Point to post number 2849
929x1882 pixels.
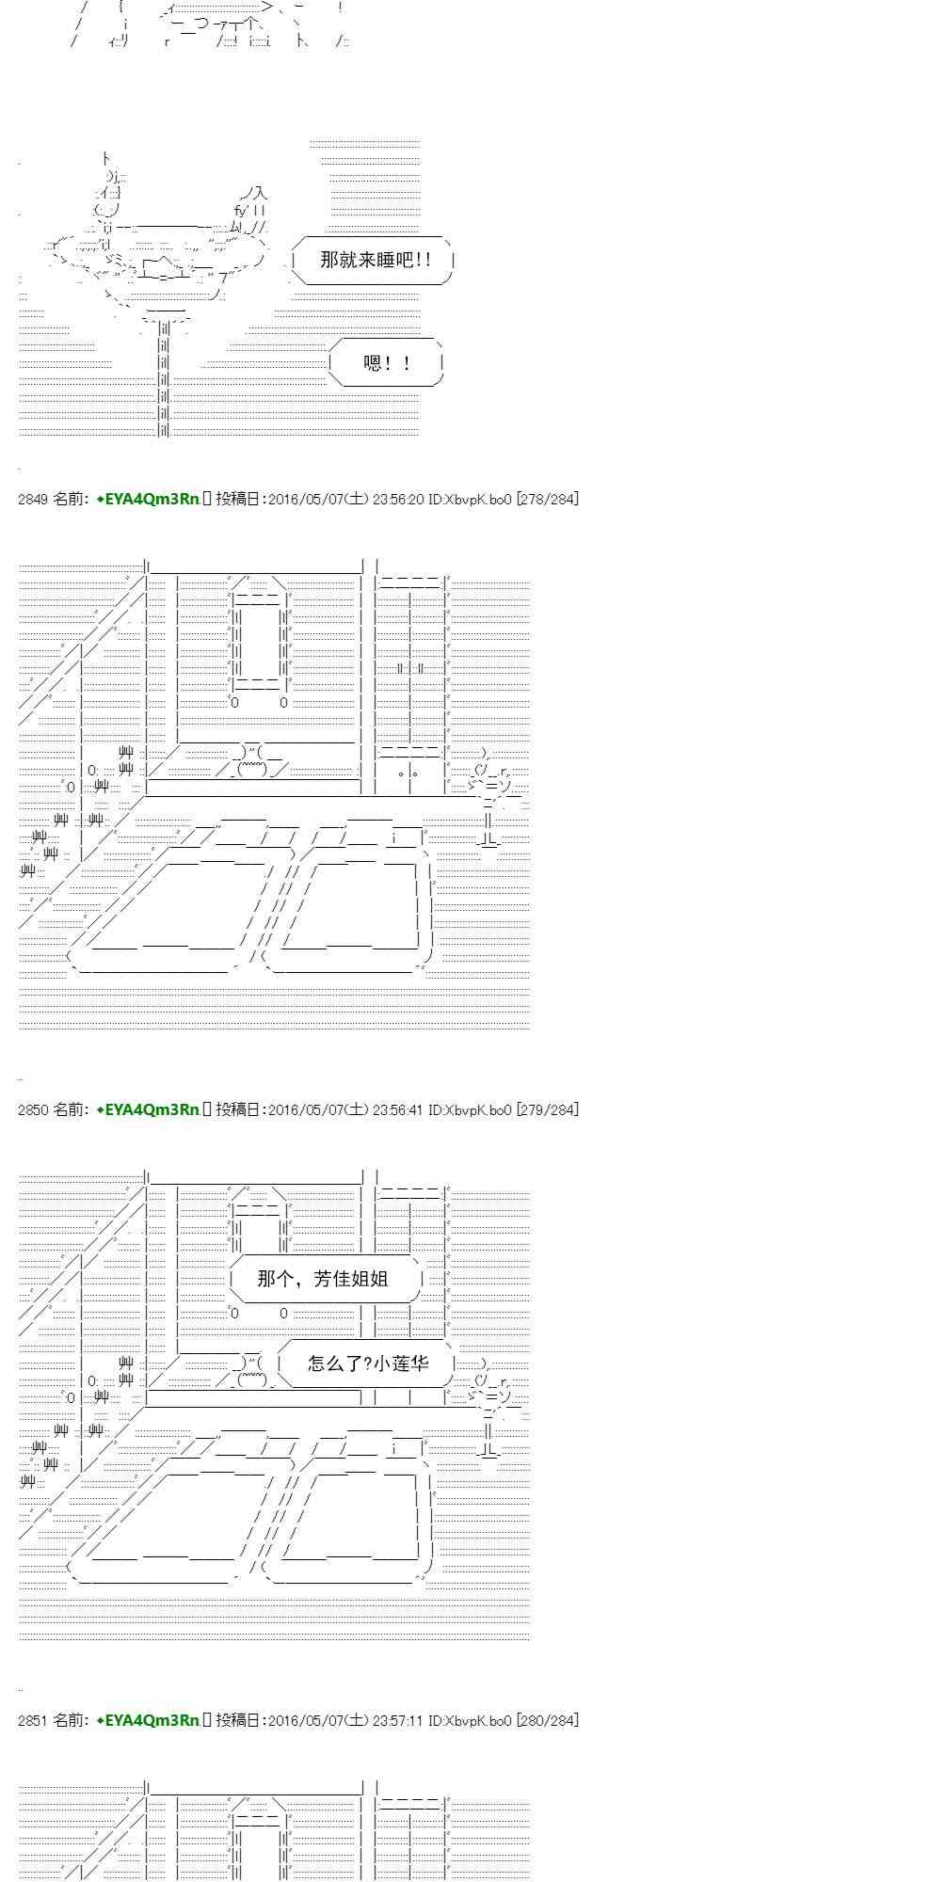[x=33, y=500]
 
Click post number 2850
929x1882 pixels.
[x=33, y=1110]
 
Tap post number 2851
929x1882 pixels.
[x=33, y=1720]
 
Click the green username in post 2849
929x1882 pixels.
[x=148, y=500]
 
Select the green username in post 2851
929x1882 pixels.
[x=148, y=1720]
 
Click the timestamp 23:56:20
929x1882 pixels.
[x=398, y=500]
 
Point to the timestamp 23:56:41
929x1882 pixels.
[x=398, y=1110]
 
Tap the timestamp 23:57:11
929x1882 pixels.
[x=398, y=1720]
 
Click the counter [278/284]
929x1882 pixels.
[x=547, y=500]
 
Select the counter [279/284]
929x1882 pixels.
[x=547, y=1110]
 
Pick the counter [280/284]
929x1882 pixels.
[x=547, y=1720]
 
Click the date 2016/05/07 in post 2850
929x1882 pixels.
[x=305, y=1110]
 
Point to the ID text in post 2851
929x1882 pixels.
[x=470, y=1720]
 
